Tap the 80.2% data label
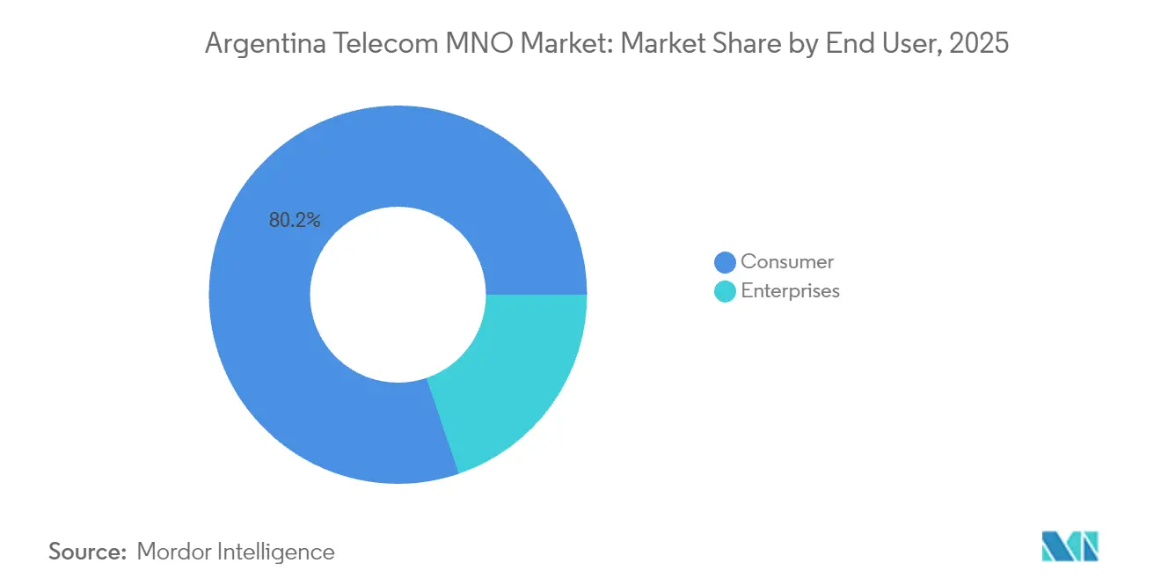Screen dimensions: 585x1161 click(x=295, y=221)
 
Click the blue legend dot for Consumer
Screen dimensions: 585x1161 click(x=726, y=262)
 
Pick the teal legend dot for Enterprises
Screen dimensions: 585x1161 click(x=726, y=291)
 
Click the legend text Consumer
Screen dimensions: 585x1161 click(x=787, y=261)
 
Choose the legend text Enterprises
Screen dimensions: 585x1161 click(x=791, y=291)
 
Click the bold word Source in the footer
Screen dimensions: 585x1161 click(x=87, y=552)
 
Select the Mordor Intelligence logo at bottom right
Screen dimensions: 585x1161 click(x=1070, y=546)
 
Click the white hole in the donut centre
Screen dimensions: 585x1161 click(x=398, y=295)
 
